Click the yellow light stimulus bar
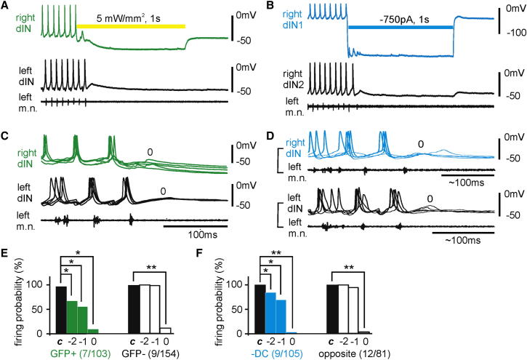[x=131, y=26]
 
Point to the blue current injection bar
[x=401, y=28]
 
